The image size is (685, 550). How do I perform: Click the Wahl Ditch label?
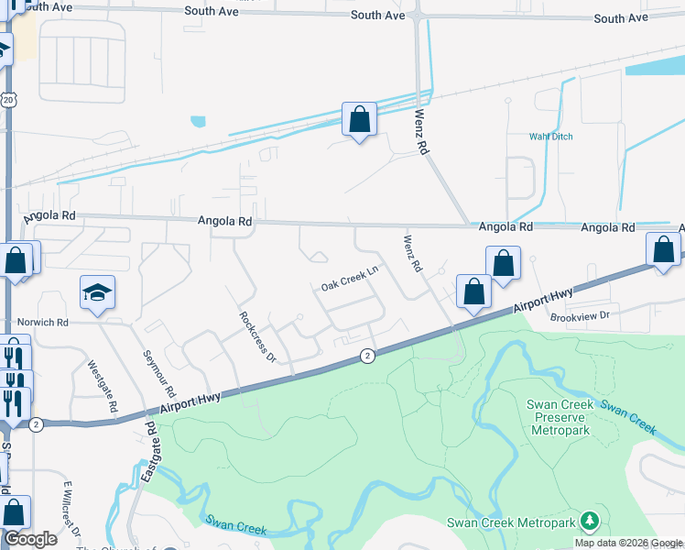tap(550, 137)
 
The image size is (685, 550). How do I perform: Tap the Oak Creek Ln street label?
tap(350, 280)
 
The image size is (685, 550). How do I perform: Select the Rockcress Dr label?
tap(257, 336)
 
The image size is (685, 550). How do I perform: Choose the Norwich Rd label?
tap(43, 323)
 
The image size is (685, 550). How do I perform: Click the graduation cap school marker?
tap(97, 292)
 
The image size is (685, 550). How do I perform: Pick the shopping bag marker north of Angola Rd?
tap(359, 119)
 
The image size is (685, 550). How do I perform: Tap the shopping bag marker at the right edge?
tap(663, 249)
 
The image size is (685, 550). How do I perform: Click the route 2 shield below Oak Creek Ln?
tap(366, 356)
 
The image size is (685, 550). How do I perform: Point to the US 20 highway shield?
tap(8, 99)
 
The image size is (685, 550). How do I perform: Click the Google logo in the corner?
tap(30, 539)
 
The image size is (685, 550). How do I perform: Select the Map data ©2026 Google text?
tap(628, 543)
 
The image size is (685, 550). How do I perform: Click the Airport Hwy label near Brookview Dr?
tap(545, 300)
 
